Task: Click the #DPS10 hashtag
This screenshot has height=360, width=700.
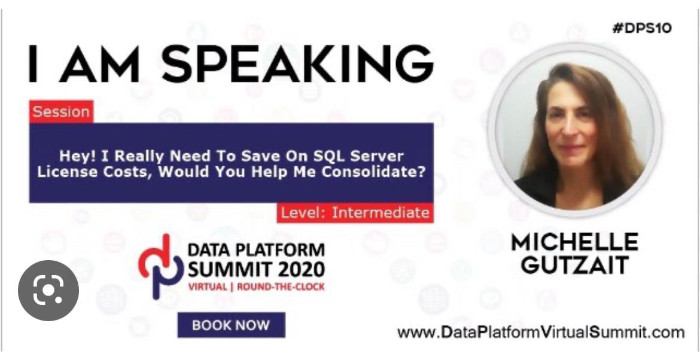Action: point(642,29)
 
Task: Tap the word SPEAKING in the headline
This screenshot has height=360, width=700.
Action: point(298,63)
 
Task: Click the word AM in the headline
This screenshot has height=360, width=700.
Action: point(99,64)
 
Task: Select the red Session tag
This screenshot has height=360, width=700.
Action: point(61,111)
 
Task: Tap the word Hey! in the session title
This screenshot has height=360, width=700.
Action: point(78,157)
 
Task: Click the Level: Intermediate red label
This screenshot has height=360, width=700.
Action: point(355,213)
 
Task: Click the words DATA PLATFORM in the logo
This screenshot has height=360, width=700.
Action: point(256,250)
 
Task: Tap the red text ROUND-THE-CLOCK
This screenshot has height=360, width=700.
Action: point(281,287)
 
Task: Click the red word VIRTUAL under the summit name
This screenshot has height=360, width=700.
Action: point(208,287)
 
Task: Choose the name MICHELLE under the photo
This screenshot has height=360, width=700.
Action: point(574,243)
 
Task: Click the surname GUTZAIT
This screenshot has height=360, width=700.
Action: point(574,266)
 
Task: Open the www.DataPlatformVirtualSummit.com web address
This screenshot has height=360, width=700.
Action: point(541,332)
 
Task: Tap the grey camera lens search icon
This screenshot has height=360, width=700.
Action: point(48,291)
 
